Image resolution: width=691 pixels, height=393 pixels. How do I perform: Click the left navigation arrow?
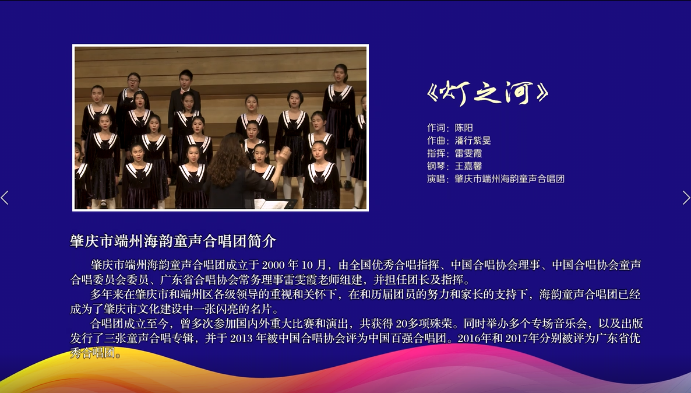point(5,198)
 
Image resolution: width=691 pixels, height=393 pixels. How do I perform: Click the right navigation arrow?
point(686,198)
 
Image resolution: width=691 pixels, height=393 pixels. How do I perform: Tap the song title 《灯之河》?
point(488,93)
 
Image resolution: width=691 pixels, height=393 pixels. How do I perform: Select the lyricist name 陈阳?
point(464,128)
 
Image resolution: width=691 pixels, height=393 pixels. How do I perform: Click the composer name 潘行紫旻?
point(473,141)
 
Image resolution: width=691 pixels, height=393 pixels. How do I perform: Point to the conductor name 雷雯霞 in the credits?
point(468,153)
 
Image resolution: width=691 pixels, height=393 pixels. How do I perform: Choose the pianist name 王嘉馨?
point(468,166)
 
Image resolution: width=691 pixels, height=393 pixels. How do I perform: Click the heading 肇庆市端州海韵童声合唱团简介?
point(173,241)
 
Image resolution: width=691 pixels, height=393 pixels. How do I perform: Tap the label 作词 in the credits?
point(436,128)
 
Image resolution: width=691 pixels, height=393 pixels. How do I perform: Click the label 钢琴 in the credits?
point(436,166)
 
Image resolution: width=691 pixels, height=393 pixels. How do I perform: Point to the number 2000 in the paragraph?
point(273,265)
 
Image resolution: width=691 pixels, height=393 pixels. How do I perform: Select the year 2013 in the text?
point(241,338)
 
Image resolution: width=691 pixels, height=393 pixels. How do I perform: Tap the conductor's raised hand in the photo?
point(283,155)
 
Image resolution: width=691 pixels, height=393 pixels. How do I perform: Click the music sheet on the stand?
point(272,203)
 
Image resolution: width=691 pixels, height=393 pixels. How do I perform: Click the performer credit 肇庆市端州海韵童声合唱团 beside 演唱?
point(509,179)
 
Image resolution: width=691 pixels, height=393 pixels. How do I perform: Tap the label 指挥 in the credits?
point(436,153)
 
